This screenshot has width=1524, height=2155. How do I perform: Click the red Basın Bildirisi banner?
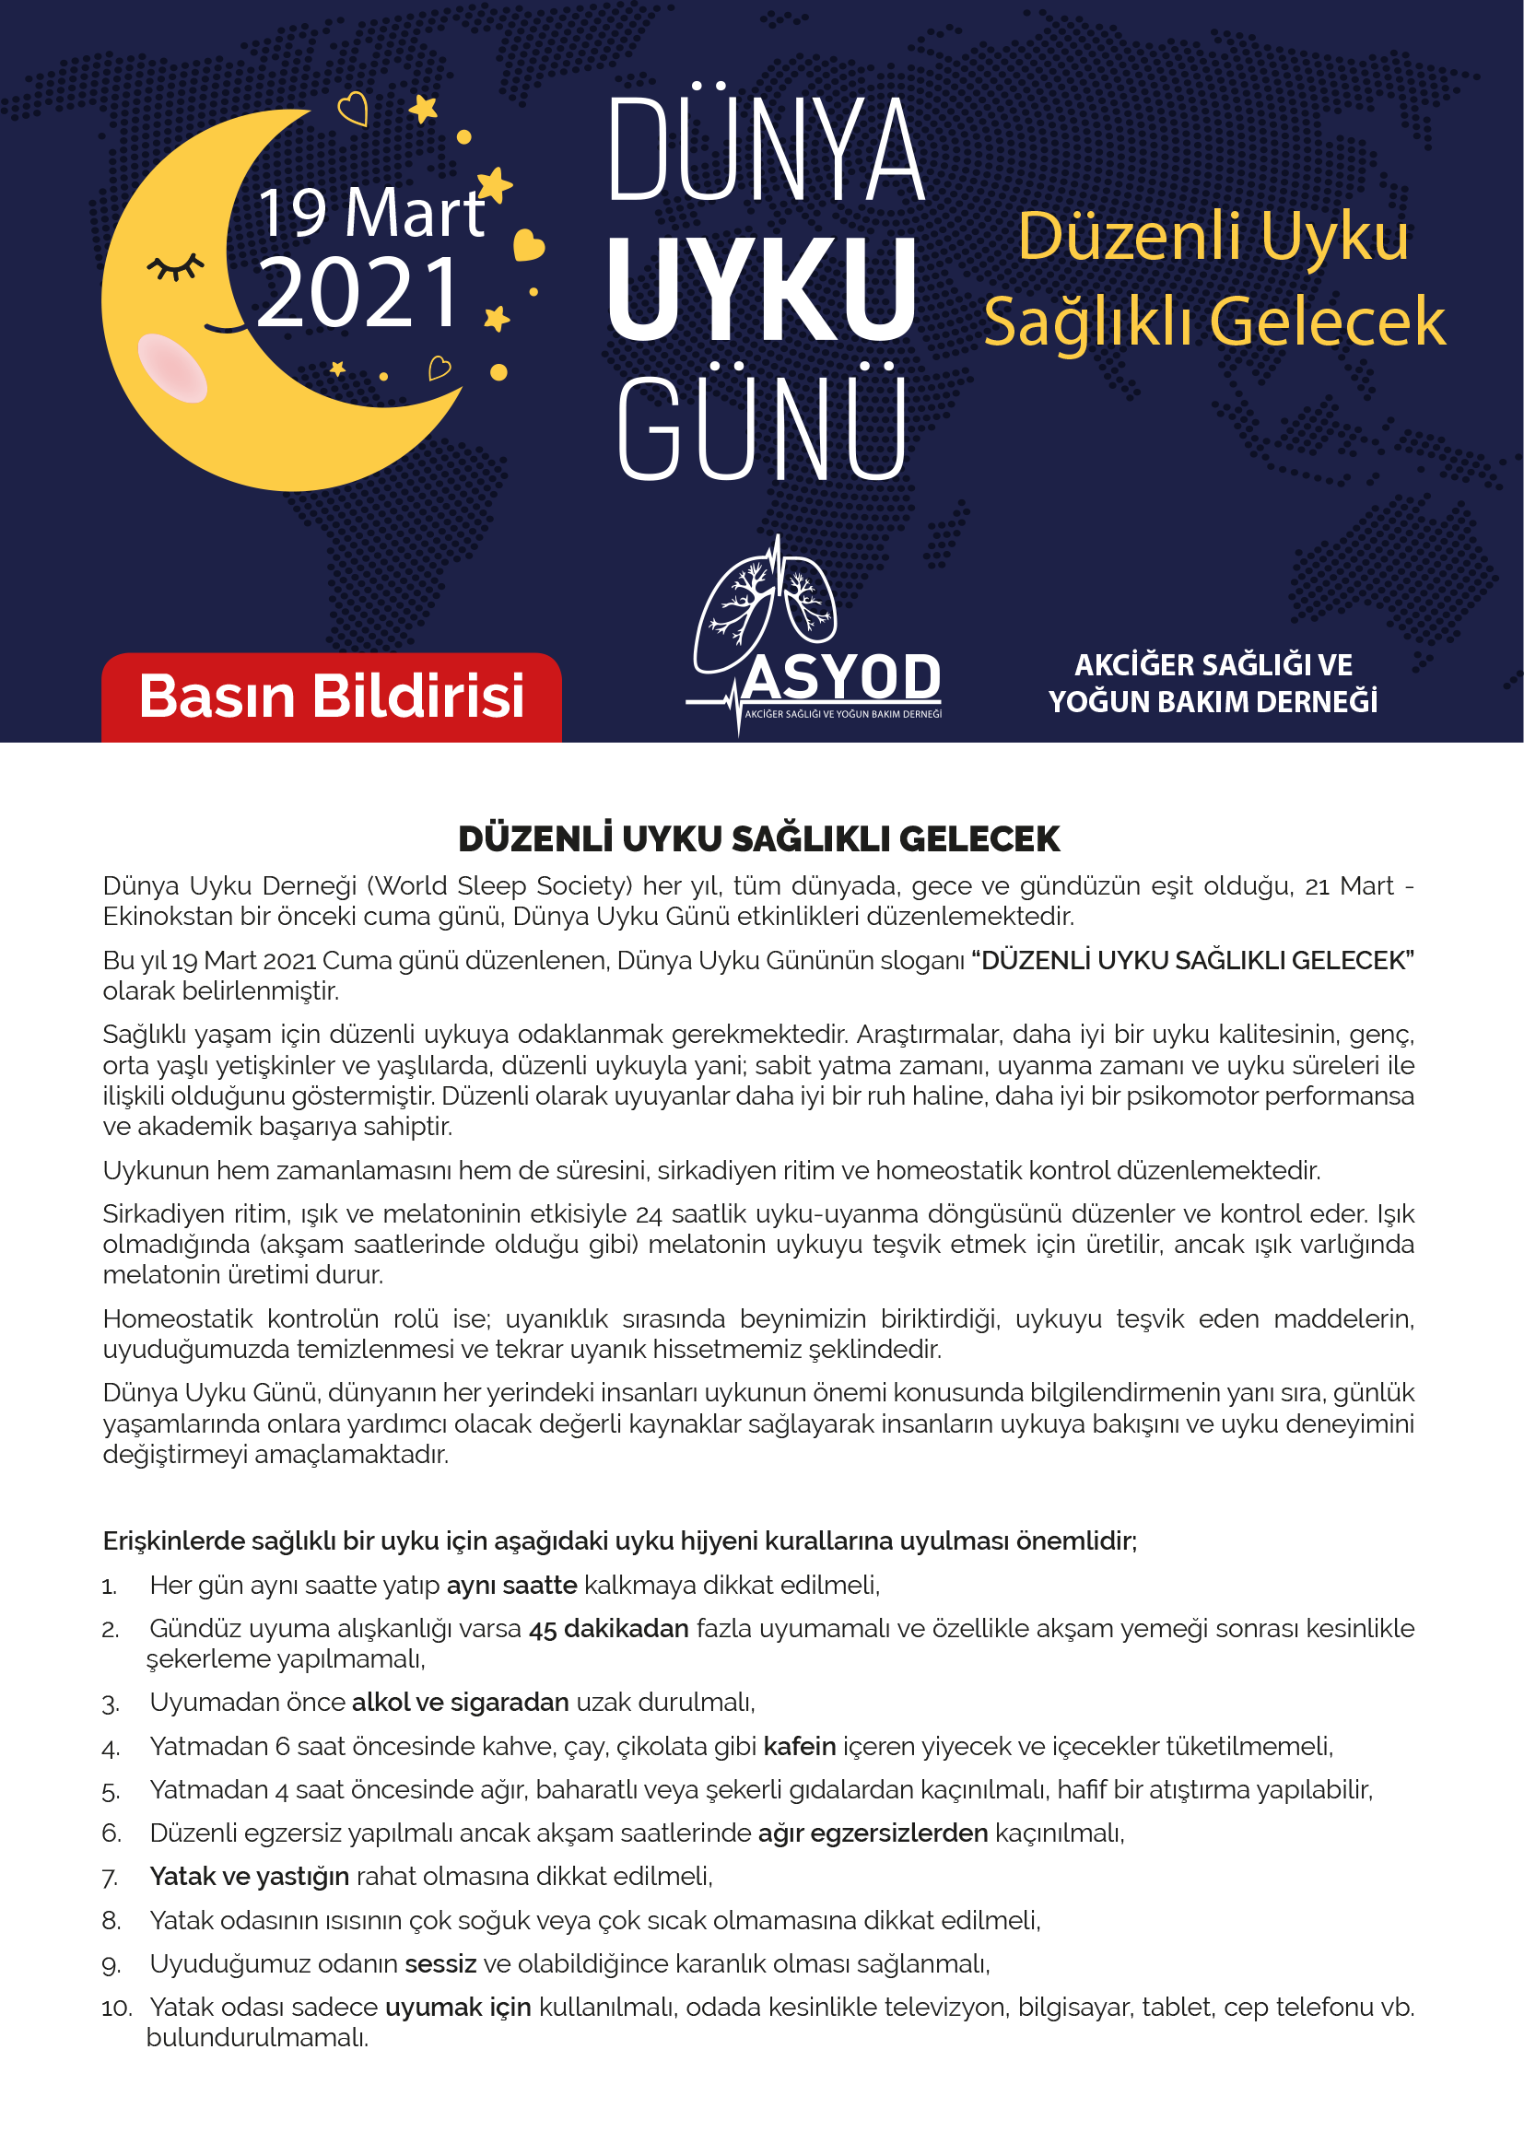point(332,697)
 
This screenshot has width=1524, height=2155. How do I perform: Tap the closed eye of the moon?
point(175,267)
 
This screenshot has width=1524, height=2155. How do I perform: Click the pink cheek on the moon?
point(171,368)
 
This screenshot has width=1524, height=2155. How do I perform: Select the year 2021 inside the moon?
point(358,294)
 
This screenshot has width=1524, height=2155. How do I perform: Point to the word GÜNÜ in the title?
point(762,430)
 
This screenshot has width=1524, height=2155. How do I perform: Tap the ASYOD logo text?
point(842,678)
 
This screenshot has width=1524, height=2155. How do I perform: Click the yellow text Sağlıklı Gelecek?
point(1213,322)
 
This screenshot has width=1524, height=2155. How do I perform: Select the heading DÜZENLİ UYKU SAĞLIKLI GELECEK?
point(758,838)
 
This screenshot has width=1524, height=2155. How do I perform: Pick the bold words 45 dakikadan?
point(608,1628)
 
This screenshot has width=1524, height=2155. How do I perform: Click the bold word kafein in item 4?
point(799,1746)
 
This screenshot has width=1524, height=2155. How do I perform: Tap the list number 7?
point(110,1877)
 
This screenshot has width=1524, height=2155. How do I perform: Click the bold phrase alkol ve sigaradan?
point(460,1703)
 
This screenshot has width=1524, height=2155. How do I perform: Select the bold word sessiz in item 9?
point(440,1963)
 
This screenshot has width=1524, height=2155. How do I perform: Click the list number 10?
point(117,2008)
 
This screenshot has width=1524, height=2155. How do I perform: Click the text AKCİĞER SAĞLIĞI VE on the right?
point(1213,665)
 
